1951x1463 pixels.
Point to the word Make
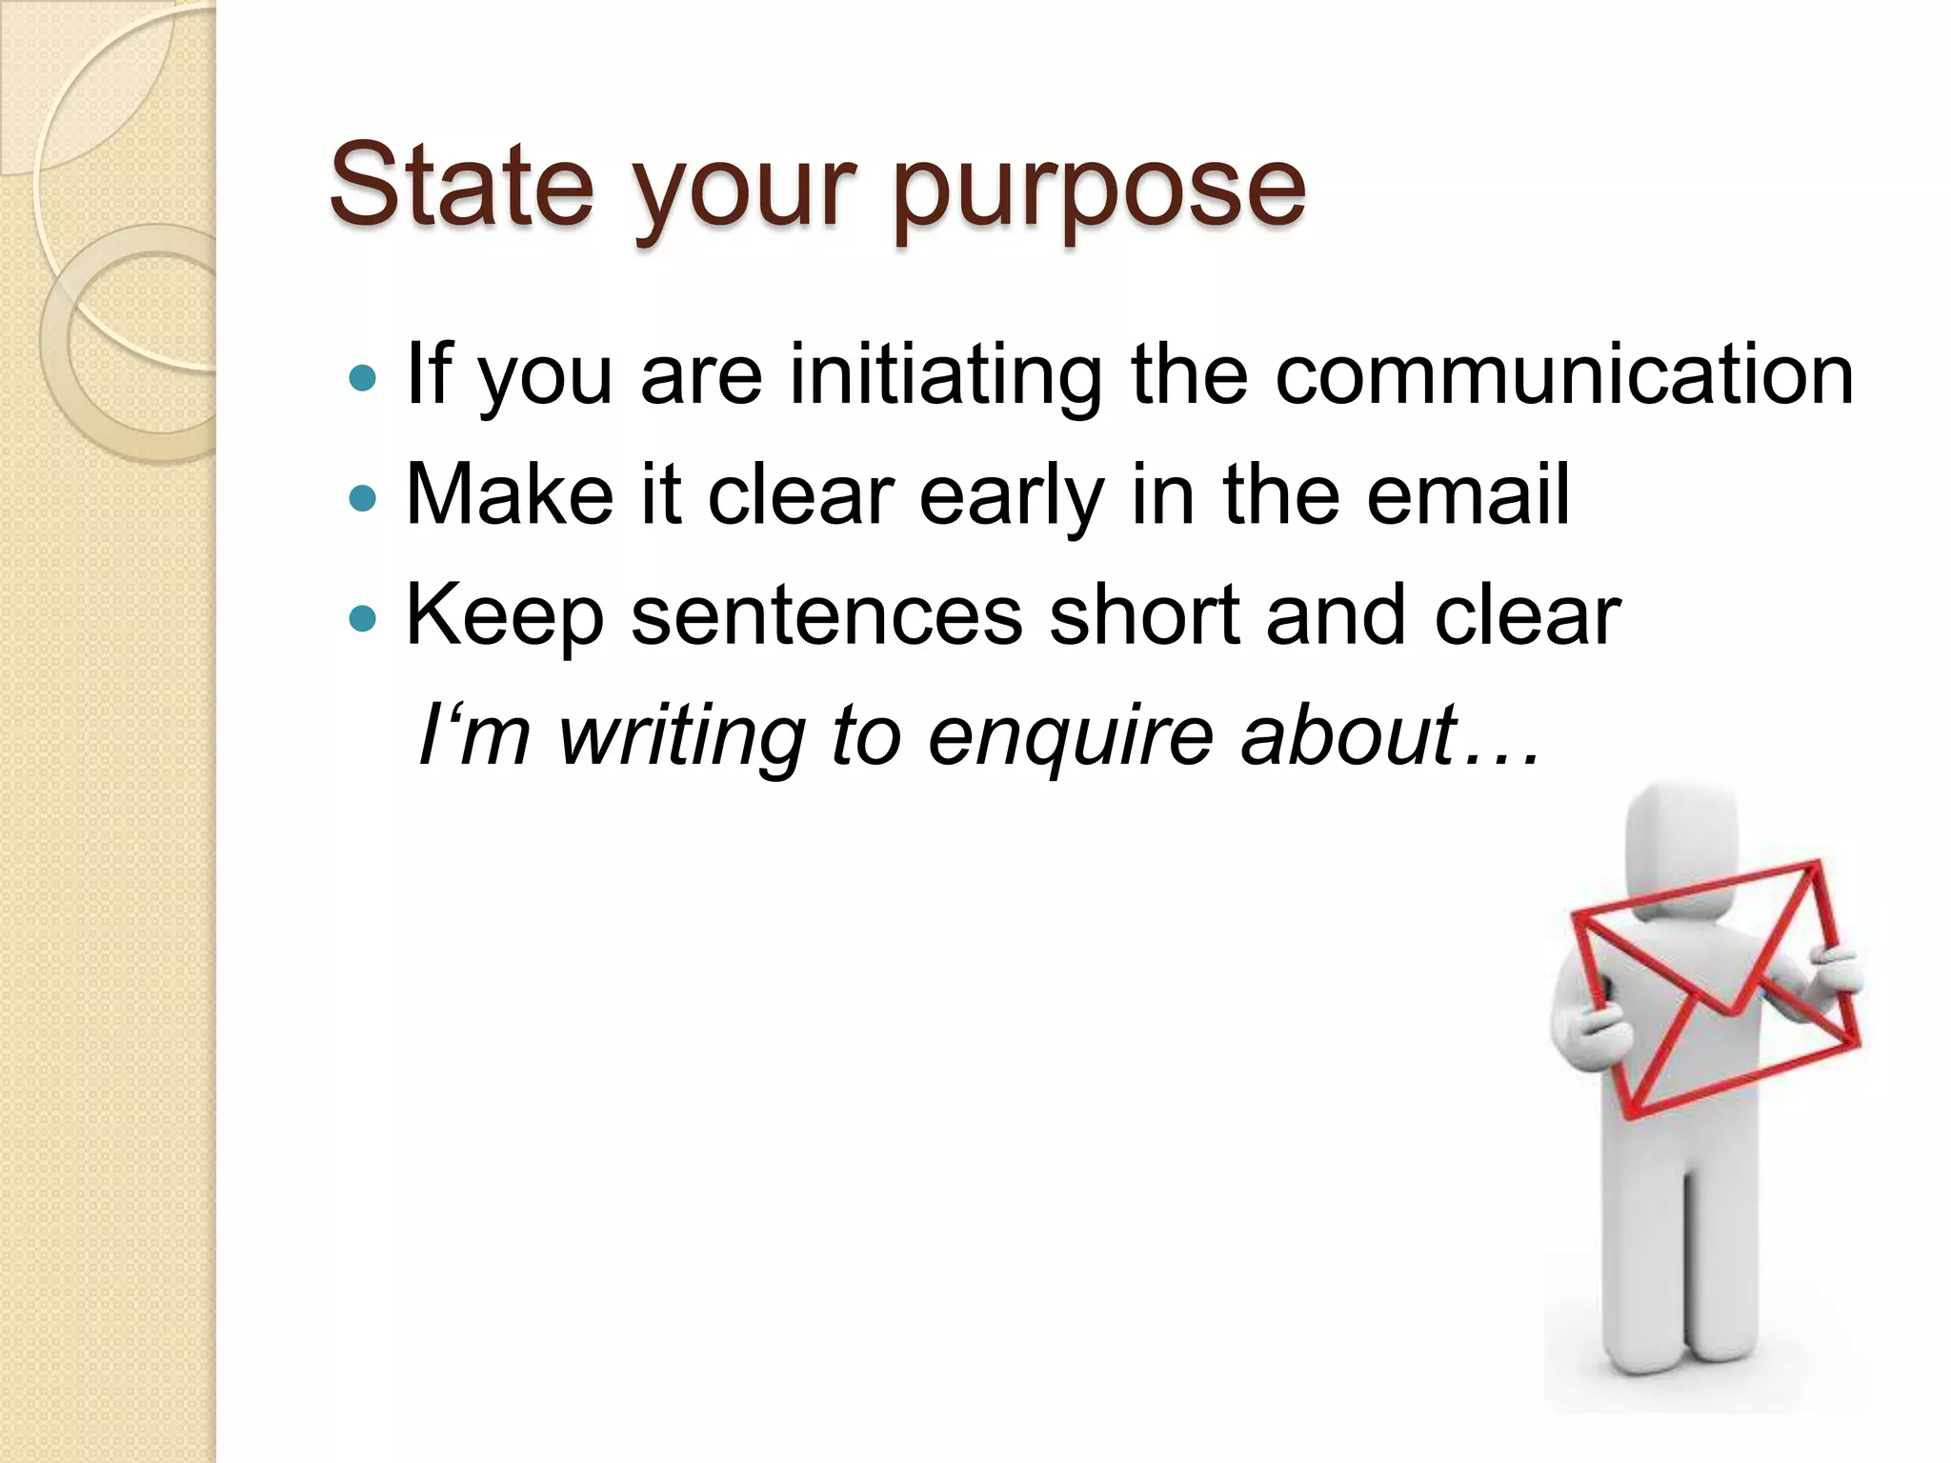coord(510,494)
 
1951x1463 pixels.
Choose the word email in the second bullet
coord(1468,494)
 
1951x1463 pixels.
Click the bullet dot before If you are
coord(363,379)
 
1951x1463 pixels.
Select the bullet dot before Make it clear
coord(363,498)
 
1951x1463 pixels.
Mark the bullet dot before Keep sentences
coord(363,619)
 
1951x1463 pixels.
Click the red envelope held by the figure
coord(1715,991)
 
